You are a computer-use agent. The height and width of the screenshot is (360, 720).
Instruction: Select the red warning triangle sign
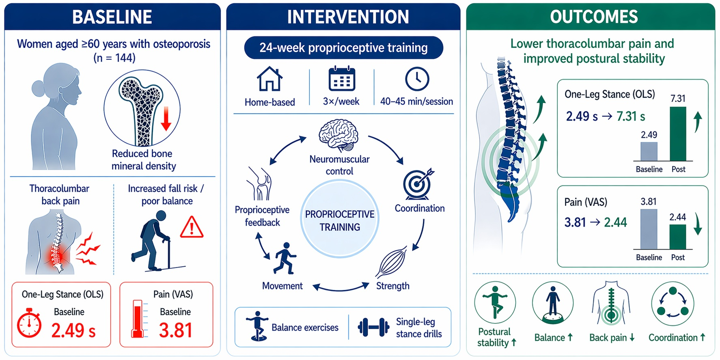(192, 227)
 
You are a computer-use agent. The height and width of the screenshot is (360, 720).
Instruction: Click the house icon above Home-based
(269, 80)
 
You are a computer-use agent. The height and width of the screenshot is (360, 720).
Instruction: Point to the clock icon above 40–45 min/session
(417, 79)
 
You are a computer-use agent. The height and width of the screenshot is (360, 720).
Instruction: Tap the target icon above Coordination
(418, 184)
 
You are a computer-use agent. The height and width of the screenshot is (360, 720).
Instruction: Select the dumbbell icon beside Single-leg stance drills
(373, 327)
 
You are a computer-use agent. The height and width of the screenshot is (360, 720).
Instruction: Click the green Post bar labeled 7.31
(678, 134)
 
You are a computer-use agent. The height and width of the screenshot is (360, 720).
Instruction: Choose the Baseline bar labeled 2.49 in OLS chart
(649, 152)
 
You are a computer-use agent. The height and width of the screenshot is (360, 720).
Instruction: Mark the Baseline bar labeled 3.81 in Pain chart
(649, 229)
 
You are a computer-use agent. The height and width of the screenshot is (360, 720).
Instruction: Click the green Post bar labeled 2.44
(677, 237)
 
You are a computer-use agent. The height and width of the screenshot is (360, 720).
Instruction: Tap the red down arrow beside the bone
(166, 119)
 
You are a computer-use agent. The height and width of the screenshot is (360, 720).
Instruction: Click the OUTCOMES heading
(594, 17)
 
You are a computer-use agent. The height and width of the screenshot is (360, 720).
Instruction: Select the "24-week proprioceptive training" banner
(343, 48)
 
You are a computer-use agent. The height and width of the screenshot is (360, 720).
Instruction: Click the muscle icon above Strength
(391, 262)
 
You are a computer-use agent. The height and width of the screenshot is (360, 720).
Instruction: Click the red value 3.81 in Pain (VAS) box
(175, 330)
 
